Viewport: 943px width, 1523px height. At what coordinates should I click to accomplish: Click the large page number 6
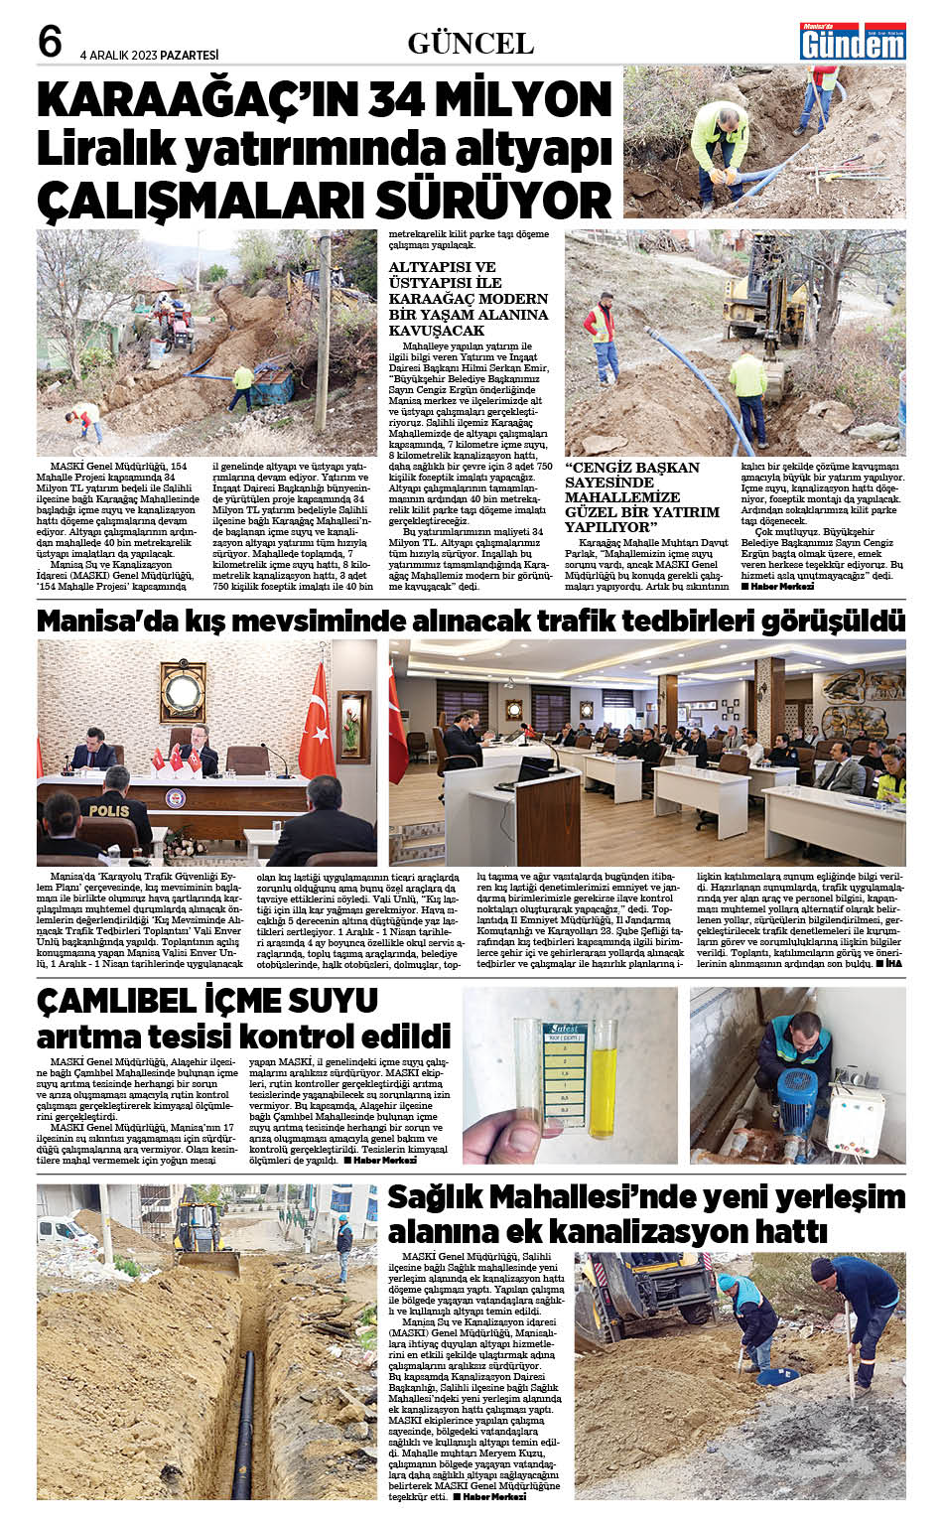click(x=50, y=42)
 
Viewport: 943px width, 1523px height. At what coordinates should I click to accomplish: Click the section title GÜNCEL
click(x=471, y=44)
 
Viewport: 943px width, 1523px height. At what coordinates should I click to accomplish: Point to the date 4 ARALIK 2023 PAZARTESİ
click(x=149, y=56)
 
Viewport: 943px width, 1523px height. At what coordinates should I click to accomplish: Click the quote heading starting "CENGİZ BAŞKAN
click(x=632, y=468)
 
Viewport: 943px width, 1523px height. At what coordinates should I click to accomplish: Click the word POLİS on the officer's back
click(x=108, y=811)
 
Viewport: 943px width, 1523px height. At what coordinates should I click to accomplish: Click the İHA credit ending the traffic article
click(x=893, y=963)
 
